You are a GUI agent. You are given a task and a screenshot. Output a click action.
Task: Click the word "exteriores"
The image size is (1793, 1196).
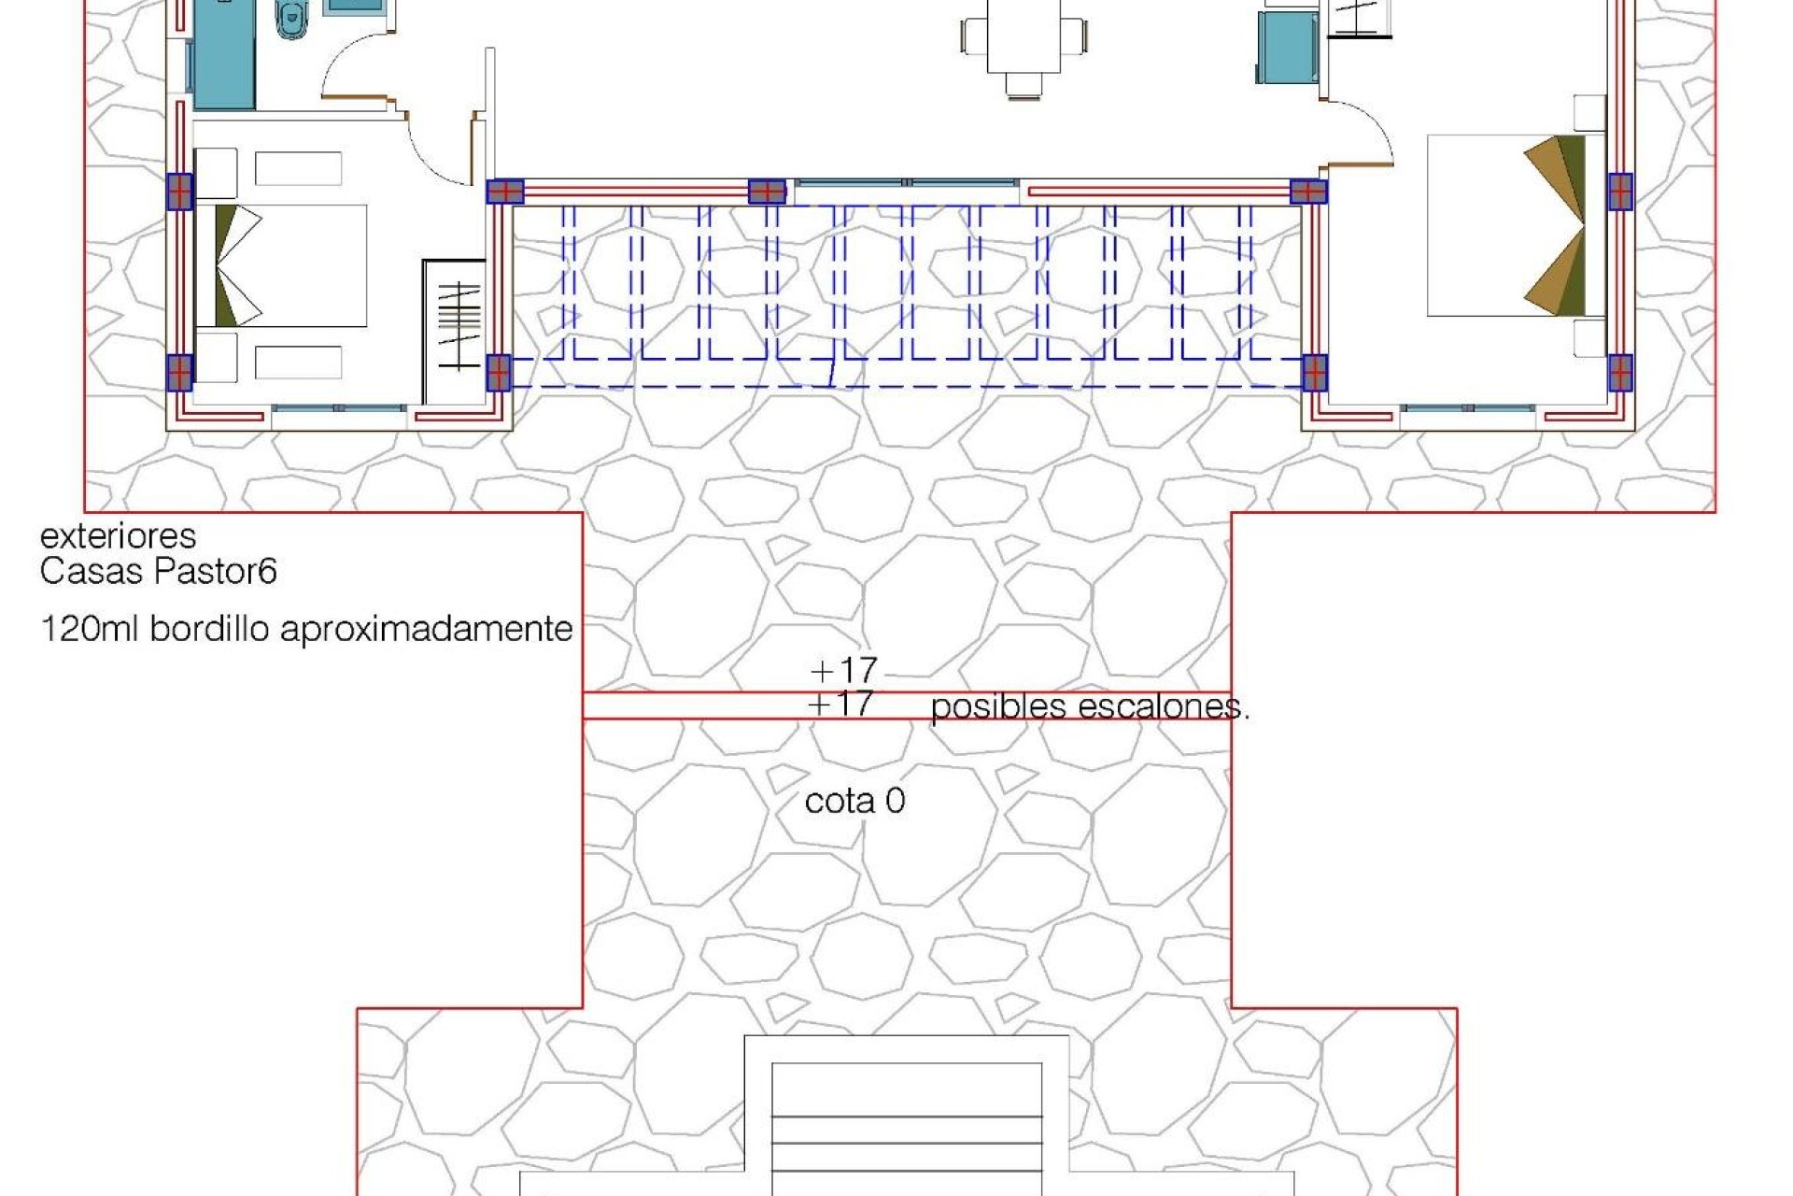118,536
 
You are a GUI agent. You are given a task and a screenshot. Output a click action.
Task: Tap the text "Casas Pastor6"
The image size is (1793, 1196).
158,571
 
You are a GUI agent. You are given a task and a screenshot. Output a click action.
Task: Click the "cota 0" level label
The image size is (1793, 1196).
854,801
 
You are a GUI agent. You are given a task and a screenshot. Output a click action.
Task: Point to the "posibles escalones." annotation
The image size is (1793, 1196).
1089,707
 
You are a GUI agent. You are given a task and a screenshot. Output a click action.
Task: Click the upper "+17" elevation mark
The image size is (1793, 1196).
843,669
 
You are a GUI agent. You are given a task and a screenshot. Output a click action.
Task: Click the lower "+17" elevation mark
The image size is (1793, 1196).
841,703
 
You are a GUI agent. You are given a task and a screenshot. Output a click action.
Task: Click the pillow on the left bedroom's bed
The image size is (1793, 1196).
238,265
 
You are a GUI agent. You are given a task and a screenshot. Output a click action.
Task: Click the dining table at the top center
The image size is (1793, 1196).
1024,36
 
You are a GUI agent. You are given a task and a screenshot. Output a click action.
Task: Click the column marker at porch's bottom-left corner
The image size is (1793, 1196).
499,372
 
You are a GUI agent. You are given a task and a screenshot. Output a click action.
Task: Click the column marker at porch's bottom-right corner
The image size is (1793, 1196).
1314,373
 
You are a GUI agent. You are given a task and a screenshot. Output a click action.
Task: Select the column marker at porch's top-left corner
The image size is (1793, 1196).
505,192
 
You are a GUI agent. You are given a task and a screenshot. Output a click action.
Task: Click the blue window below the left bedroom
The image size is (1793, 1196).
340,408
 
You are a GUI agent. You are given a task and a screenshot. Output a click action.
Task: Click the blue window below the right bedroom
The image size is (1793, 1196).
1468,408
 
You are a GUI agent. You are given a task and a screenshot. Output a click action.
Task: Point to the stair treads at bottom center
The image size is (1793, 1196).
906,1131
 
